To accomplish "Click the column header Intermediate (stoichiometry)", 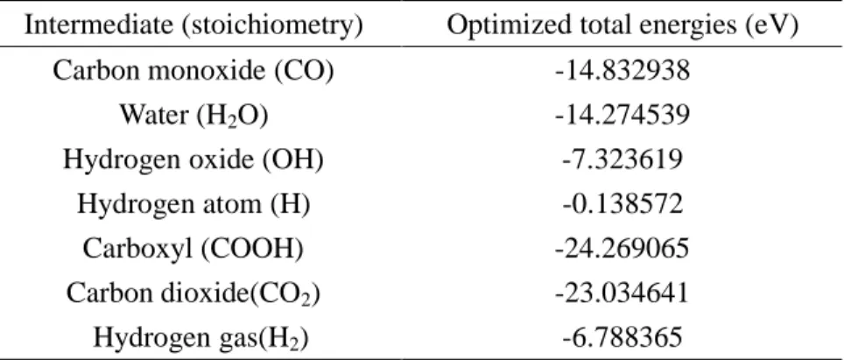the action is click(x=193, y=25).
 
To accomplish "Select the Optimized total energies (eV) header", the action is click(x=622, y=25).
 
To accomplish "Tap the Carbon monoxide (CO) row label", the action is click(x=193, y=70).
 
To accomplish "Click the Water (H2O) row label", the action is click(x=193, y=115).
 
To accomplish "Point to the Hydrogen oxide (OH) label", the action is click(x=193, y=159).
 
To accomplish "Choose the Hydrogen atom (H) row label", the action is click(x=193, y=204).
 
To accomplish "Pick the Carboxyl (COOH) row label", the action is click(x=193, y=249).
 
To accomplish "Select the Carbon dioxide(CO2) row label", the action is click(x=193, y=293).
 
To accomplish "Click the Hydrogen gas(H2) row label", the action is click(x=200, y=338).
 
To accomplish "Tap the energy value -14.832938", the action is click(x=622, y=70).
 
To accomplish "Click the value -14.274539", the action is click(x=622, y=115).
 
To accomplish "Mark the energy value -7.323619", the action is click(x=622, y=159).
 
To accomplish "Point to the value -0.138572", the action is click(x=622, y=204).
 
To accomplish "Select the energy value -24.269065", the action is click(x=622, y=249).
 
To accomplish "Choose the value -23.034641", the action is click(x=622, y=293).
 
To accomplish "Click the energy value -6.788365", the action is click(x=622, y=338).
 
